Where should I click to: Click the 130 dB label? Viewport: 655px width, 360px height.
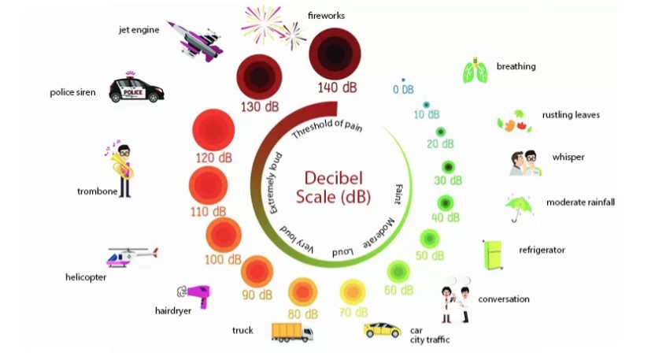point(260,106)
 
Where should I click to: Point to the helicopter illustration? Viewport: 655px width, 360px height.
point(131,257)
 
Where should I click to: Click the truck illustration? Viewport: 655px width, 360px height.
point(291,332)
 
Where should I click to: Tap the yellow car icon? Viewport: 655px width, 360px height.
point(382,329)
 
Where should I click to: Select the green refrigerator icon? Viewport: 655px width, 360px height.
point(493,254)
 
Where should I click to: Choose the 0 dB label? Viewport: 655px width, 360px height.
point(403,90)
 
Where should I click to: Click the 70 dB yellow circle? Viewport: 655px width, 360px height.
point(353,292)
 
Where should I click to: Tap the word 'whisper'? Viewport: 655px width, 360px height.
point(568,158)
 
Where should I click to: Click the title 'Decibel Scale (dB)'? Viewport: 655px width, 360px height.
point(333,186)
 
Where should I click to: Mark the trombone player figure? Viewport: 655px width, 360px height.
point(122,169)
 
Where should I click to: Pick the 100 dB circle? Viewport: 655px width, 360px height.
point(224,234)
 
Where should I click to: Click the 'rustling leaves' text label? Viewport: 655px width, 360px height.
point(571,115)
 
